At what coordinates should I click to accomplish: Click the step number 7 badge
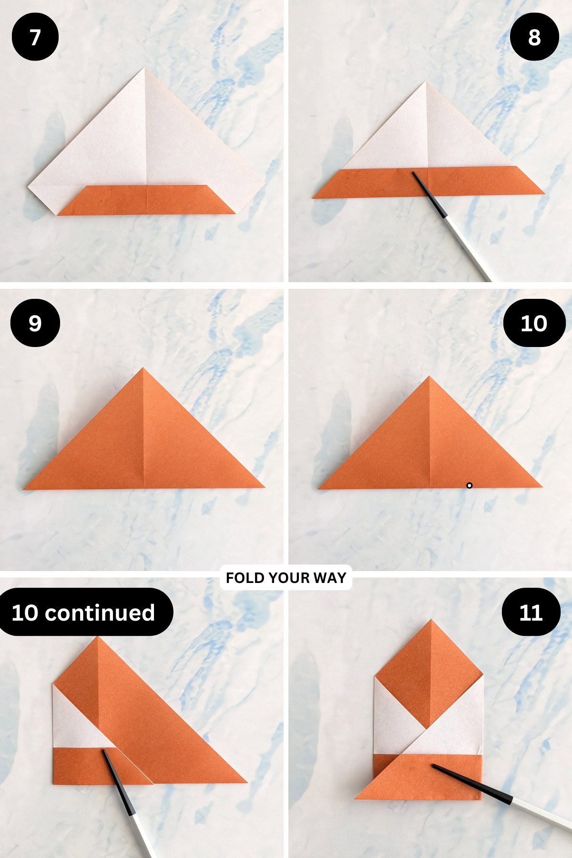pyautogui.click(x=35, y=37)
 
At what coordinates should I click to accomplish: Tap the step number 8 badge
pyautogui.click(x=534, y=37)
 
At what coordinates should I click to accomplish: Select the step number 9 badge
pyautogui.click(x=35, y=323)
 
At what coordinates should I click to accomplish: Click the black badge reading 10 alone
pyautogui.click(x=534, y=323)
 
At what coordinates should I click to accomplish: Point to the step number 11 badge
pyautogui.click(x=531, y=612)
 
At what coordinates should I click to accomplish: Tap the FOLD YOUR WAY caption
pyautogui.click(x=286, y=578)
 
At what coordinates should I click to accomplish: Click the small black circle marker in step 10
pyautogui.click(x=469, y=485)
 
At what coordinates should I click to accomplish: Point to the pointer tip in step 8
pyautogui.click(x=414, y=174)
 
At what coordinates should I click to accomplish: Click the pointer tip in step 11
pyautogui.click(x=433, y=766)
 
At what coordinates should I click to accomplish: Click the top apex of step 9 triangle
pyautogui.click(x=143, y=368)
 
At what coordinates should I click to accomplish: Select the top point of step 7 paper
pyautogui.click(x=144, y=69)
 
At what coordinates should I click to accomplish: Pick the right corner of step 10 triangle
pyautogui.click(x=541, y=487)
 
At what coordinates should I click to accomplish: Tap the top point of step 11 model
pyautogui.click(x=431, y=620)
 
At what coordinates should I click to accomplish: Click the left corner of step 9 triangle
pyautogui.click(x=24, y=489)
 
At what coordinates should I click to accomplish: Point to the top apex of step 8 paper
pyautogui.click(x=426, y=82)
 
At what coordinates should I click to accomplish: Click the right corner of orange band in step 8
pyautogui.click(x=543, y=193)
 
